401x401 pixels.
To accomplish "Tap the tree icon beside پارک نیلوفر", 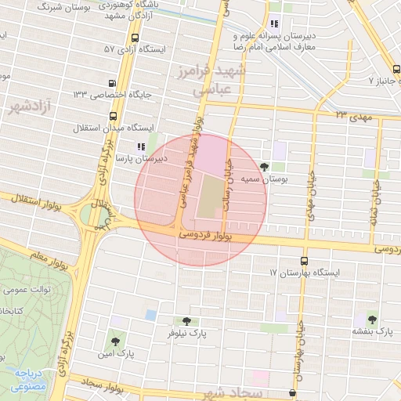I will coord(186,321).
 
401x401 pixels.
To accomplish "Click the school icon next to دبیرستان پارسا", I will coord(140,146).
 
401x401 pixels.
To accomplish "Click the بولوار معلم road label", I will coord(27,255).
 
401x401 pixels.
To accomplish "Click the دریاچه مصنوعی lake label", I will coord(28,380).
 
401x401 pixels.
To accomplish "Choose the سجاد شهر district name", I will coord(229,391).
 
